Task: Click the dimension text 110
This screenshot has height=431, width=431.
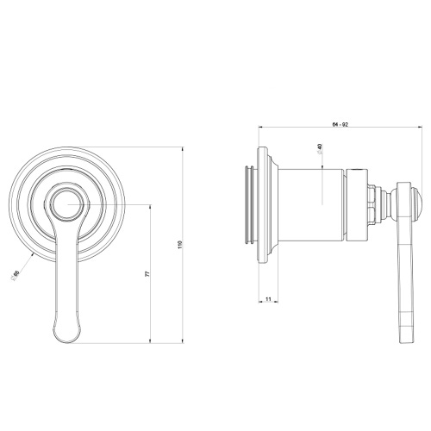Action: (x=179, y=246)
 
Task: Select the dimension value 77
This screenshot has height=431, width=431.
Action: (x=147, y=273)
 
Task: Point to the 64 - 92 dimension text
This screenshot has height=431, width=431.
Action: (x=338, y=126)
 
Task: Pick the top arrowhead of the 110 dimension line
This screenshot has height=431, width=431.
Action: (x=184, y=147)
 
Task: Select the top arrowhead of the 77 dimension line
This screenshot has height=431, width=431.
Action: (x=152, y=208)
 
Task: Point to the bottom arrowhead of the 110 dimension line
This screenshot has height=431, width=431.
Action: (x=184, y=342)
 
